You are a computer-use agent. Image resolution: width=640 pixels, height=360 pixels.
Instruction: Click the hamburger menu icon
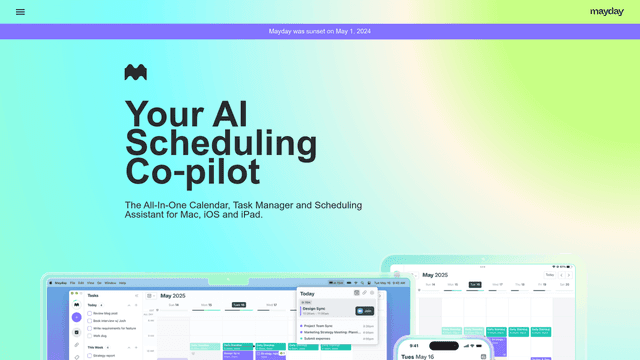click(20, 12)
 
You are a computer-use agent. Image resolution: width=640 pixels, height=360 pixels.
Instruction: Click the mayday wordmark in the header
click(606, 12)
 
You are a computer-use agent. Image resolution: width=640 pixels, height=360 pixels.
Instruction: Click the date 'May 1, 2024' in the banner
click(352, 31)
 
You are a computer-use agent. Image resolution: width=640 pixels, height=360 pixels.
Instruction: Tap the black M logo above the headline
click(136, 73)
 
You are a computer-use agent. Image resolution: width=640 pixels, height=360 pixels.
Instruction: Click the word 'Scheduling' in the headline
click(207, 142)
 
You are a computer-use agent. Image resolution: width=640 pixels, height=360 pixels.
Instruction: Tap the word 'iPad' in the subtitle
click(249, 214)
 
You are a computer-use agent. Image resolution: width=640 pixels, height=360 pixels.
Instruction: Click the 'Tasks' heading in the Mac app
click(93, 296)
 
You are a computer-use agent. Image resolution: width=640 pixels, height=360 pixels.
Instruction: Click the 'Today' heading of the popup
click(307, 294)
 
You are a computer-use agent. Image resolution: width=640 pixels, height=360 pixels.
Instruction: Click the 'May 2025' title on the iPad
click(437, 274)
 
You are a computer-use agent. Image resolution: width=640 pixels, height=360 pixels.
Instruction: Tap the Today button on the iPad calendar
click(549, 274)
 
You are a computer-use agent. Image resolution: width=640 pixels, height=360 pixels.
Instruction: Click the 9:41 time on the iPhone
click(414, 346)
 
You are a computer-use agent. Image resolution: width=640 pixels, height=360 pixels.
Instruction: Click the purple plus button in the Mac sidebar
click(77, 317)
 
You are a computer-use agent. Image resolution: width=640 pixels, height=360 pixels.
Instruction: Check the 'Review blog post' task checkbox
click(89, 313)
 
